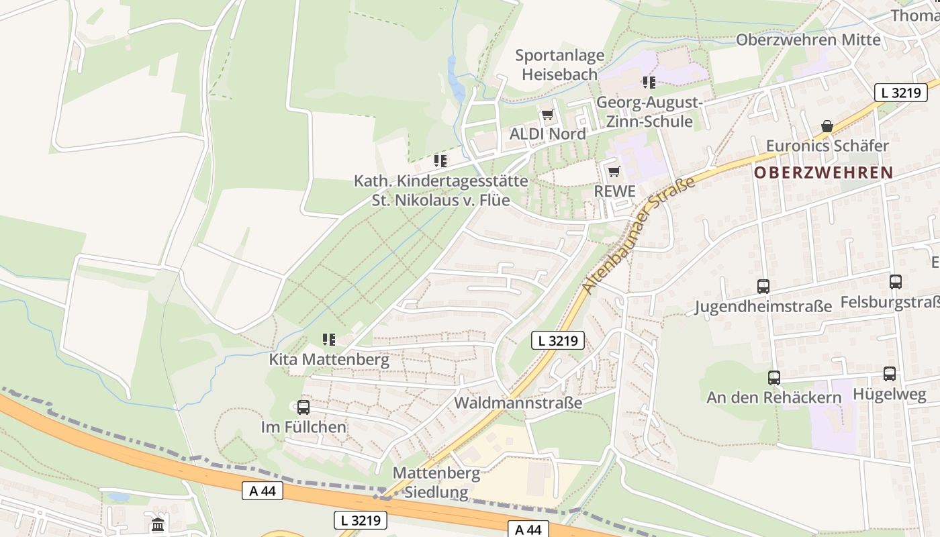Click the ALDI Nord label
tap(547, 134)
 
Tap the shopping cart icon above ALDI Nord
tap(547, 115)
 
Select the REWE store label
tap(614, 191)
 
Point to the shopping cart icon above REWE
tap(614, 171)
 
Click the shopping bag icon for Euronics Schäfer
tap(827, 126)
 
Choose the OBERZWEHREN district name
tap(823, 173)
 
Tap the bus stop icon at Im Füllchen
tap(303, 407)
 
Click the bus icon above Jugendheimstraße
tap(763, 287)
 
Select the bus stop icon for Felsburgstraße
tap(896, 282)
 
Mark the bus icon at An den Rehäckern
tap(774, 378)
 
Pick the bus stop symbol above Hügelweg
tap(890, 374)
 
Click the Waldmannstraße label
tap(518, 403)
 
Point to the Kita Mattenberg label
tap(329, 359)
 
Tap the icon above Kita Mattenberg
tap(328, 340)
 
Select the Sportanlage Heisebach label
tap(560, 65)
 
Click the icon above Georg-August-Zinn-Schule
tap(649, 83)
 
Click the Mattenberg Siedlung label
tap(436, 483)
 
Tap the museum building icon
tap(158, 524)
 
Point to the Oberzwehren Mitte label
tap(808, 40)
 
